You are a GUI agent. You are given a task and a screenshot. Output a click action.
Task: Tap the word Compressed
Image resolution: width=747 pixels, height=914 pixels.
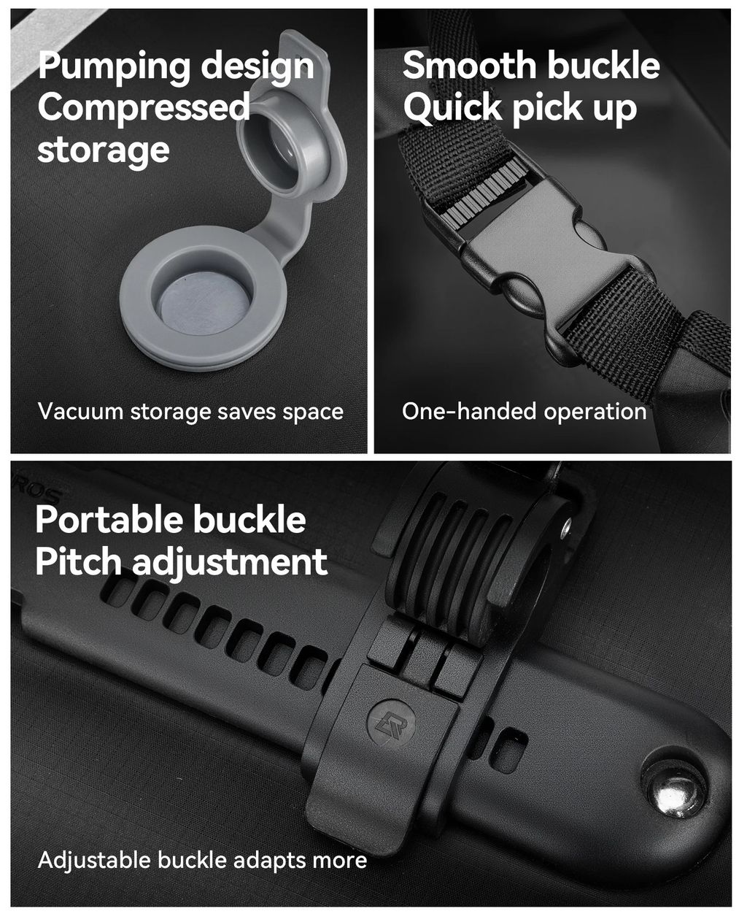point(144,108)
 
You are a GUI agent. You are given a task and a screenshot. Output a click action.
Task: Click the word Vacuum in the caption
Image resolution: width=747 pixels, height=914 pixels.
point(80,411)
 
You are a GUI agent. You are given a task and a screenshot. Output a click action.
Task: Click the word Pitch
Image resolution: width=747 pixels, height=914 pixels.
point(79,562)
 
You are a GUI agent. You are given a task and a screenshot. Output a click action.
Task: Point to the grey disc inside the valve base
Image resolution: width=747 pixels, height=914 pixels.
point(202,302)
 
